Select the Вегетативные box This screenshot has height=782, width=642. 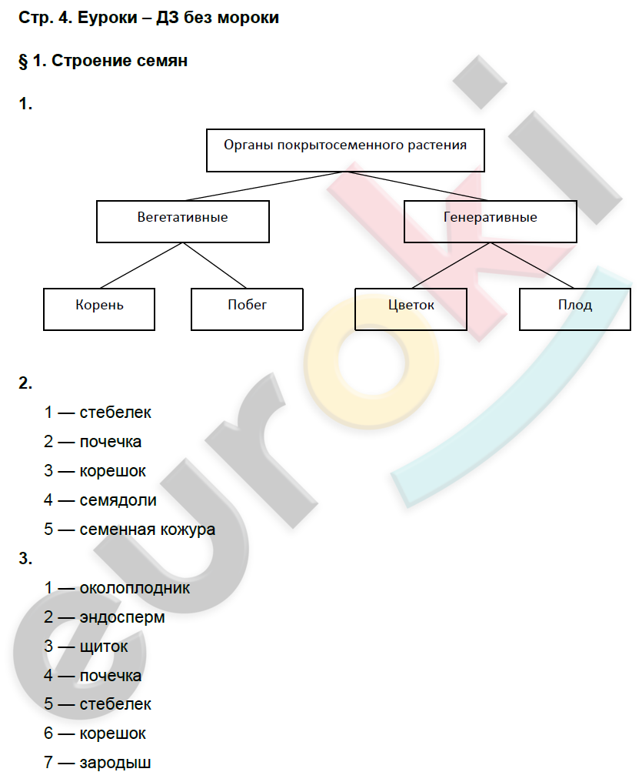click(x=182, y=221)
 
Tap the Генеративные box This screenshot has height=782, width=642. click(x=490, y=221)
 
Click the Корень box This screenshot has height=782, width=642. click(x=99, y=309)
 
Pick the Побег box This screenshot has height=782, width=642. click(x=247, y=309)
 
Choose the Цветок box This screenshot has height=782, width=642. click(x=411, y=309)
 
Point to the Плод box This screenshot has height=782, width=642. click(x=575, y=309)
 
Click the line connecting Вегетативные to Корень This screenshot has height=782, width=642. click(x=141, y=266)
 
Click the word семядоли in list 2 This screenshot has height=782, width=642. click(x=118, y=500)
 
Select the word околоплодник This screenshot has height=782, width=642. click(x=135, y=588)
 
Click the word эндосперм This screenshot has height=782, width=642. click(x=121, y=617)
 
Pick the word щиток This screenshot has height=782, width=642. click(x=104, y=647)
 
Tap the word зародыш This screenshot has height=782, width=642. click(x=115, y=764)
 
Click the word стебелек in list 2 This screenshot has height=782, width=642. click(x=115, y=413)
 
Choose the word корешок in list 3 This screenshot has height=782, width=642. click(x=112, y=734)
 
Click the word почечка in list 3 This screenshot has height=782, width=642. click(x=110, y=676)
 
